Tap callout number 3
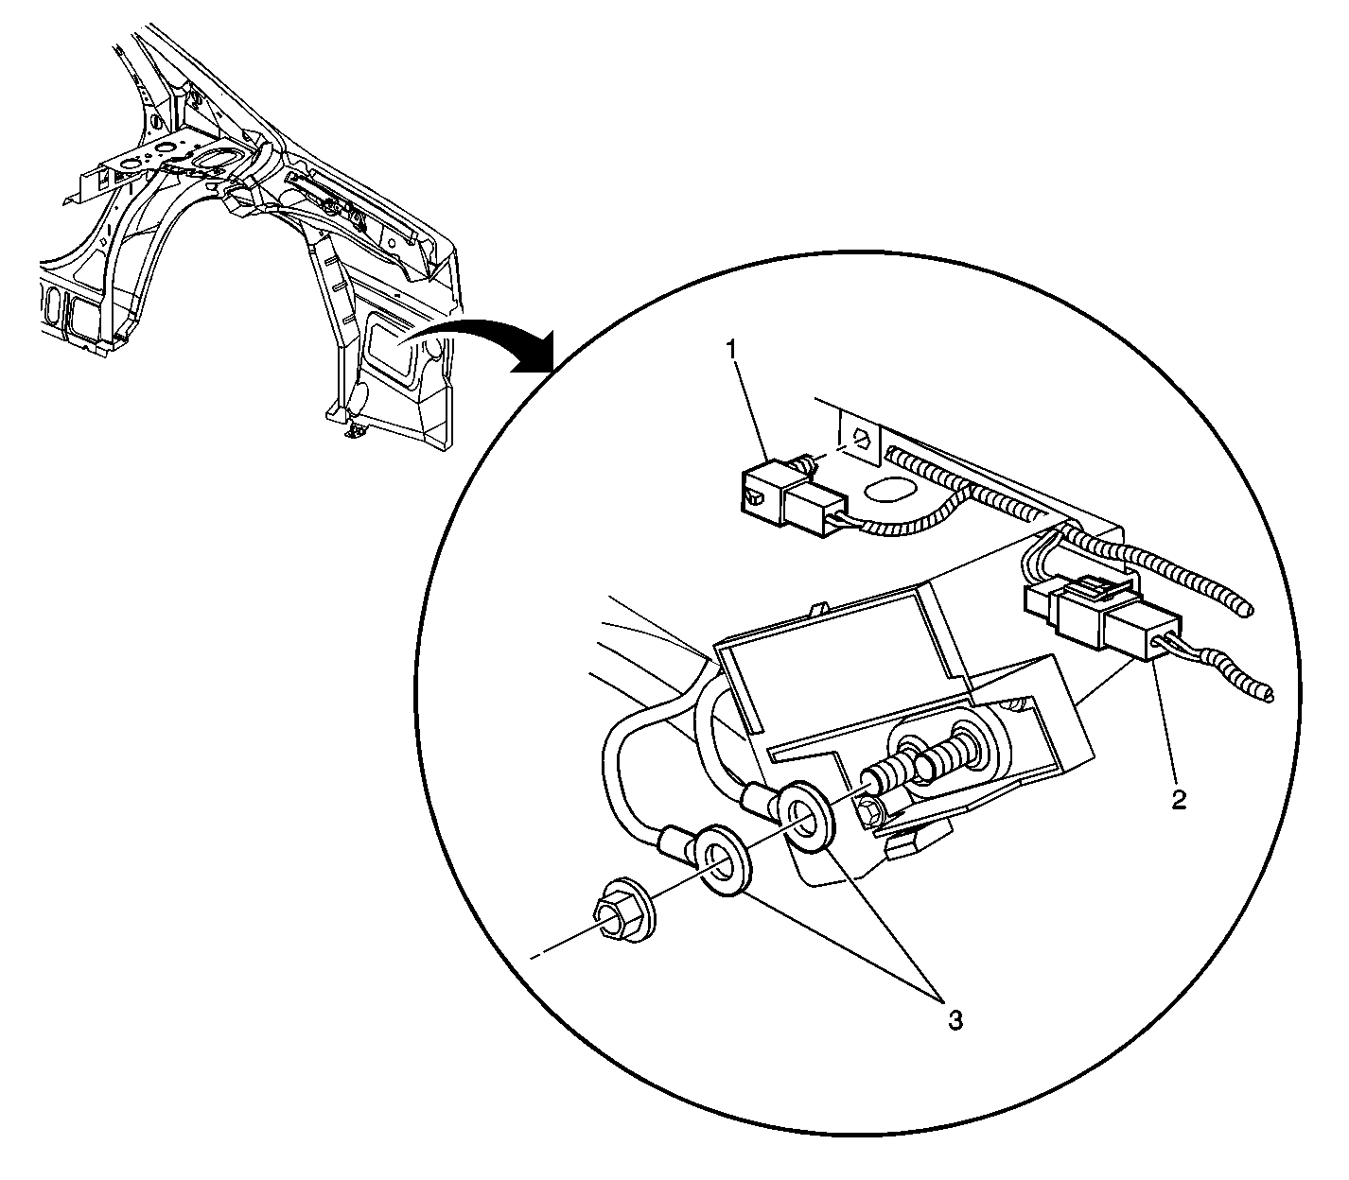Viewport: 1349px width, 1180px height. (x=955, y=1020)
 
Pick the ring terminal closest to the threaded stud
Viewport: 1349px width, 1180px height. (x=803, y=816)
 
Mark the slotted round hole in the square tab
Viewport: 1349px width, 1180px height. (x=860, y=437)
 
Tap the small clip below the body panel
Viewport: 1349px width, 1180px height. (x=356, y=430)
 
